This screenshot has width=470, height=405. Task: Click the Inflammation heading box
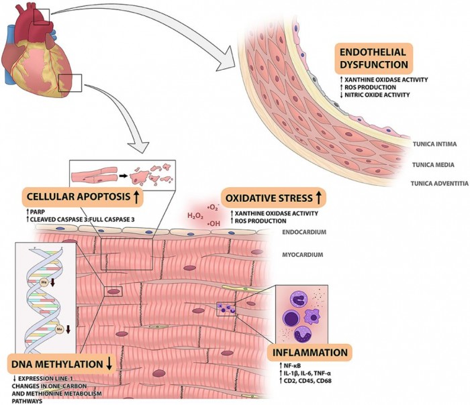(x=310, y=352)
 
